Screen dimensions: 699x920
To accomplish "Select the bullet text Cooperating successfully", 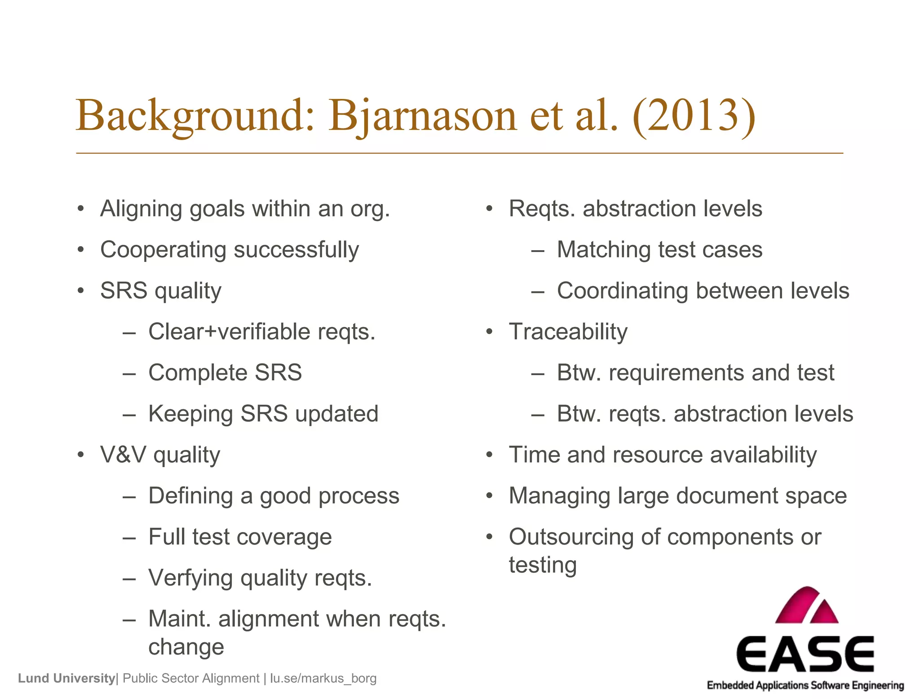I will [x=230, y=250].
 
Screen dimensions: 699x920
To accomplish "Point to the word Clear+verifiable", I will [x=229, y=332].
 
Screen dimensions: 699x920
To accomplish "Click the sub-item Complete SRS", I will [x=225, y=373].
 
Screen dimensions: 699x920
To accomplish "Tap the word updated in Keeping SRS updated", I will [x=336, y=414].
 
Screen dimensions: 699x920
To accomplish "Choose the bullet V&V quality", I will [x=160, y=455].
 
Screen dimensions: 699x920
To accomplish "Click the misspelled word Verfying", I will [x=190, y=578].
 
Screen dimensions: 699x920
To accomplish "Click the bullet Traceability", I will [x=568, y=332].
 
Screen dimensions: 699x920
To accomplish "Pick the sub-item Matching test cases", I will [x=659, y=250].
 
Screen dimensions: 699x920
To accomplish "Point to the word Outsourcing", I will [x=571, y=537].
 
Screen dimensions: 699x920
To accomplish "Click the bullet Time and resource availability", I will [x=663, y=455].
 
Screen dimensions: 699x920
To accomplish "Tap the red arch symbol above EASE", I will [x=807, y=606].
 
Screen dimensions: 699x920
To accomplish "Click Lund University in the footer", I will [x=66, y=678].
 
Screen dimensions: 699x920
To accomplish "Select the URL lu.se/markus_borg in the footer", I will [x=323, y=678].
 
